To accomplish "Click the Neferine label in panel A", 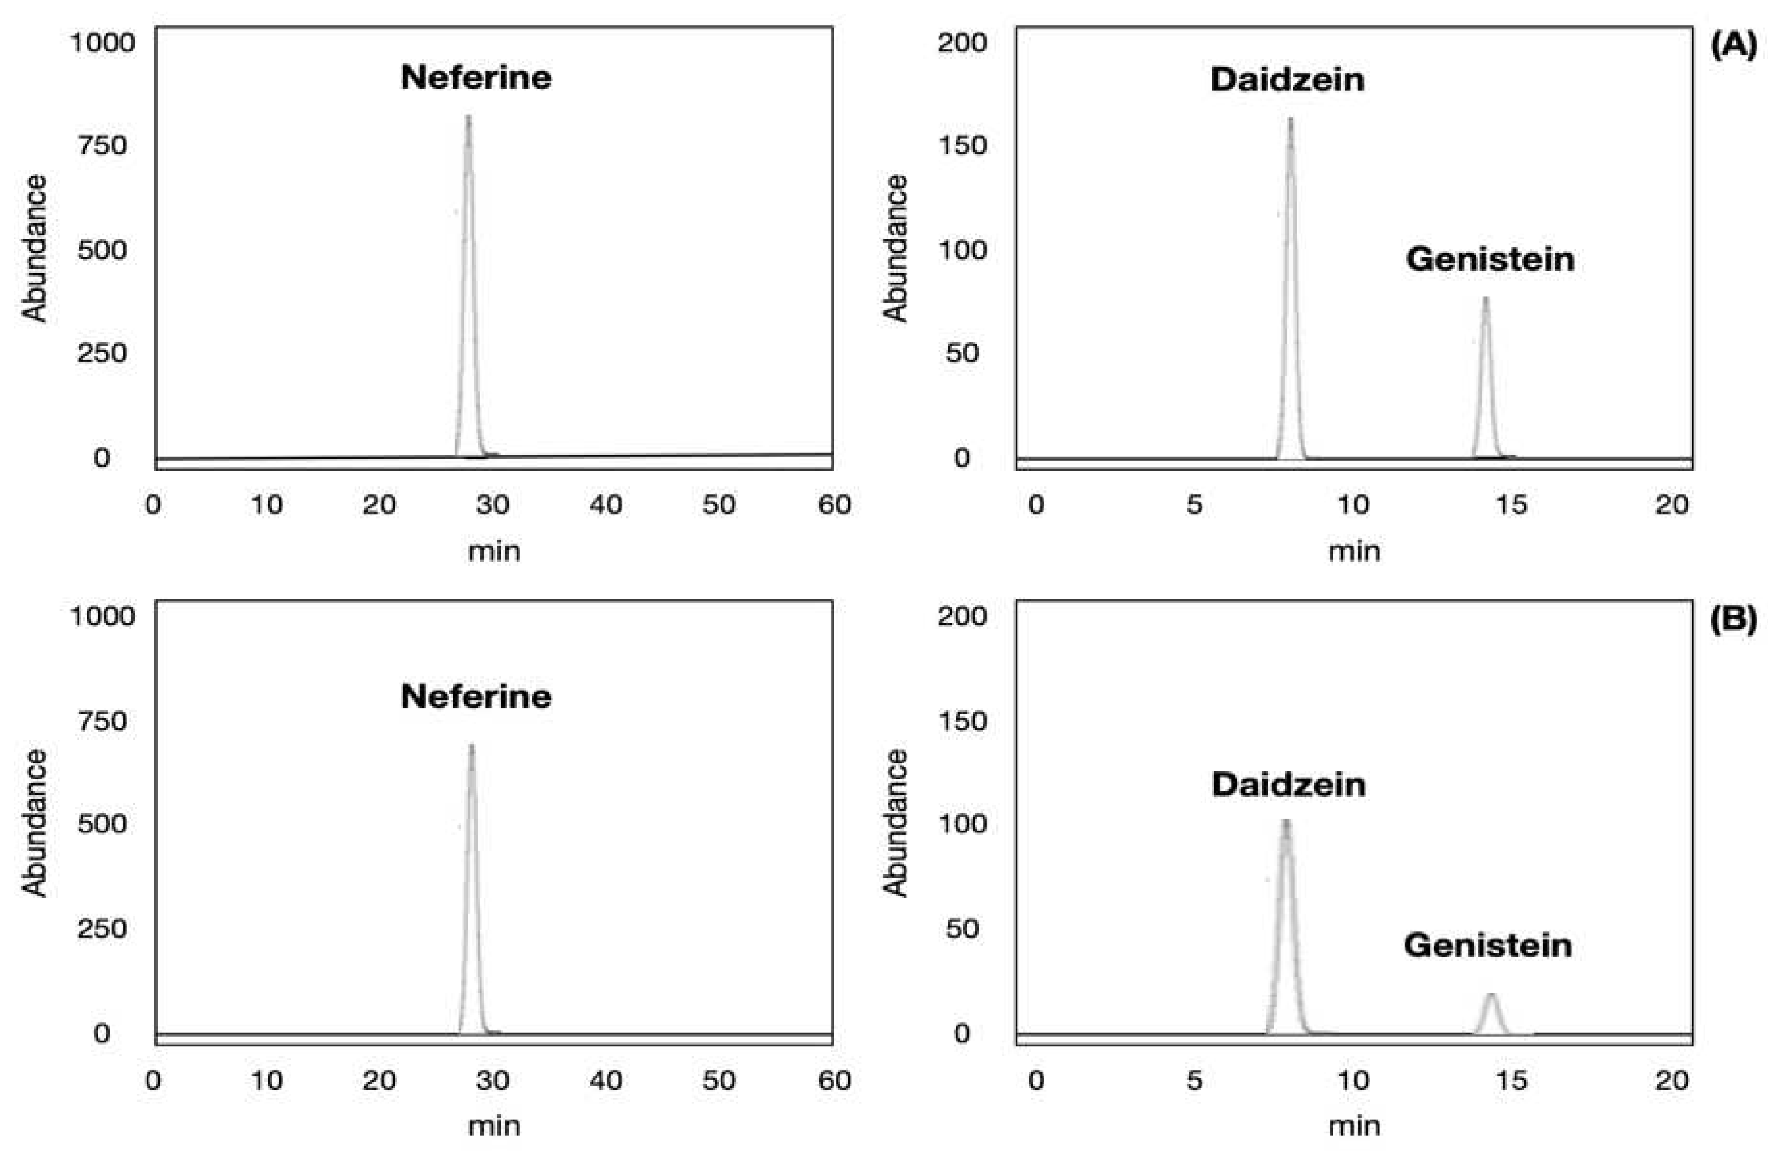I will [x=476, y=77].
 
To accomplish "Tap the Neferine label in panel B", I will [x=476, y=697].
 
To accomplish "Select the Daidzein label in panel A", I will [x=1287, y=80].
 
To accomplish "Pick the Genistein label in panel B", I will [x=1487, y=946].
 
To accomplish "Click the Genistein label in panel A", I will [x=1490, y=259].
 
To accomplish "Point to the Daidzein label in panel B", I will [x=1288, y=784].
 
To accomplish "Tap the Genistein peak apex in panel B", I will [x=1491, y=995].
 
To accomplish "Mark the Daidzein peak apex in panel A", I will [x=1290, y=119].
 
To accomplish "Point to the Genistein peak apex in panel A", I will [x=1486, y=299].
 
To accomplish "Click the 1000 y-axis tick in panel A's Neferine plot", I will [x=102, y=42].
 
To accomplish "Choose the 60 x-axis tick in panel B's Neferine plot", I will [x=833, y=1080].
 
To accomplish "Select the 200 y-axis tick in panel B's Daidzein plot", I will [x=961, y=616].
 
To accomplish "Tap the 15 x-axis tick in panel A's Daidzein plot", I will [x=1512, y=505].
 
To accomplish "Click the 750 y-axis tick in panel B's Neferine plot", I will [x=102, y=720].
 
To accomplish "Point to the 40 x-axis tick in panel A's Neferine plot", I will [x=605, y=505].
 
